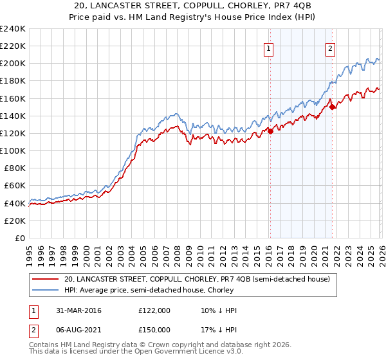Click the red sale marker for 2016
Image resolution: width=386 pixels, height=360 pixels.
(x=270, y=132)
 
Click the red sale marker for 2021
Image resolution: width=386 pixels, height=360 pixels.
(x=332, y=107)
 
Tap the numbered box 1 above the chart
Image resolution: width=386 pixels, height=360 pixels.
(x=268, y=47)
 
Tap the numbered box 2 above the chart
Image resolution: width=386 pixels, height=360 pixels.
(x=330, y=47)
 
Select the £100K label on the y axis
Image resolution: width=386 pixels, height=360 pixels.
(x=13, y=150)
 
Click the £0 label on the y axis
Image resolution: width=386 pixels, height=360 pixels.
(x=20, y=238)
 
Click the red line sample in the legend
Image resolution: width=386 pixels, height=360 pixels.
(x=46, y=279)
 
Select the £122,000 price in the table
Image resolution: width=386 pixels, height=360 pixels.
(x=154, y=310)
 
